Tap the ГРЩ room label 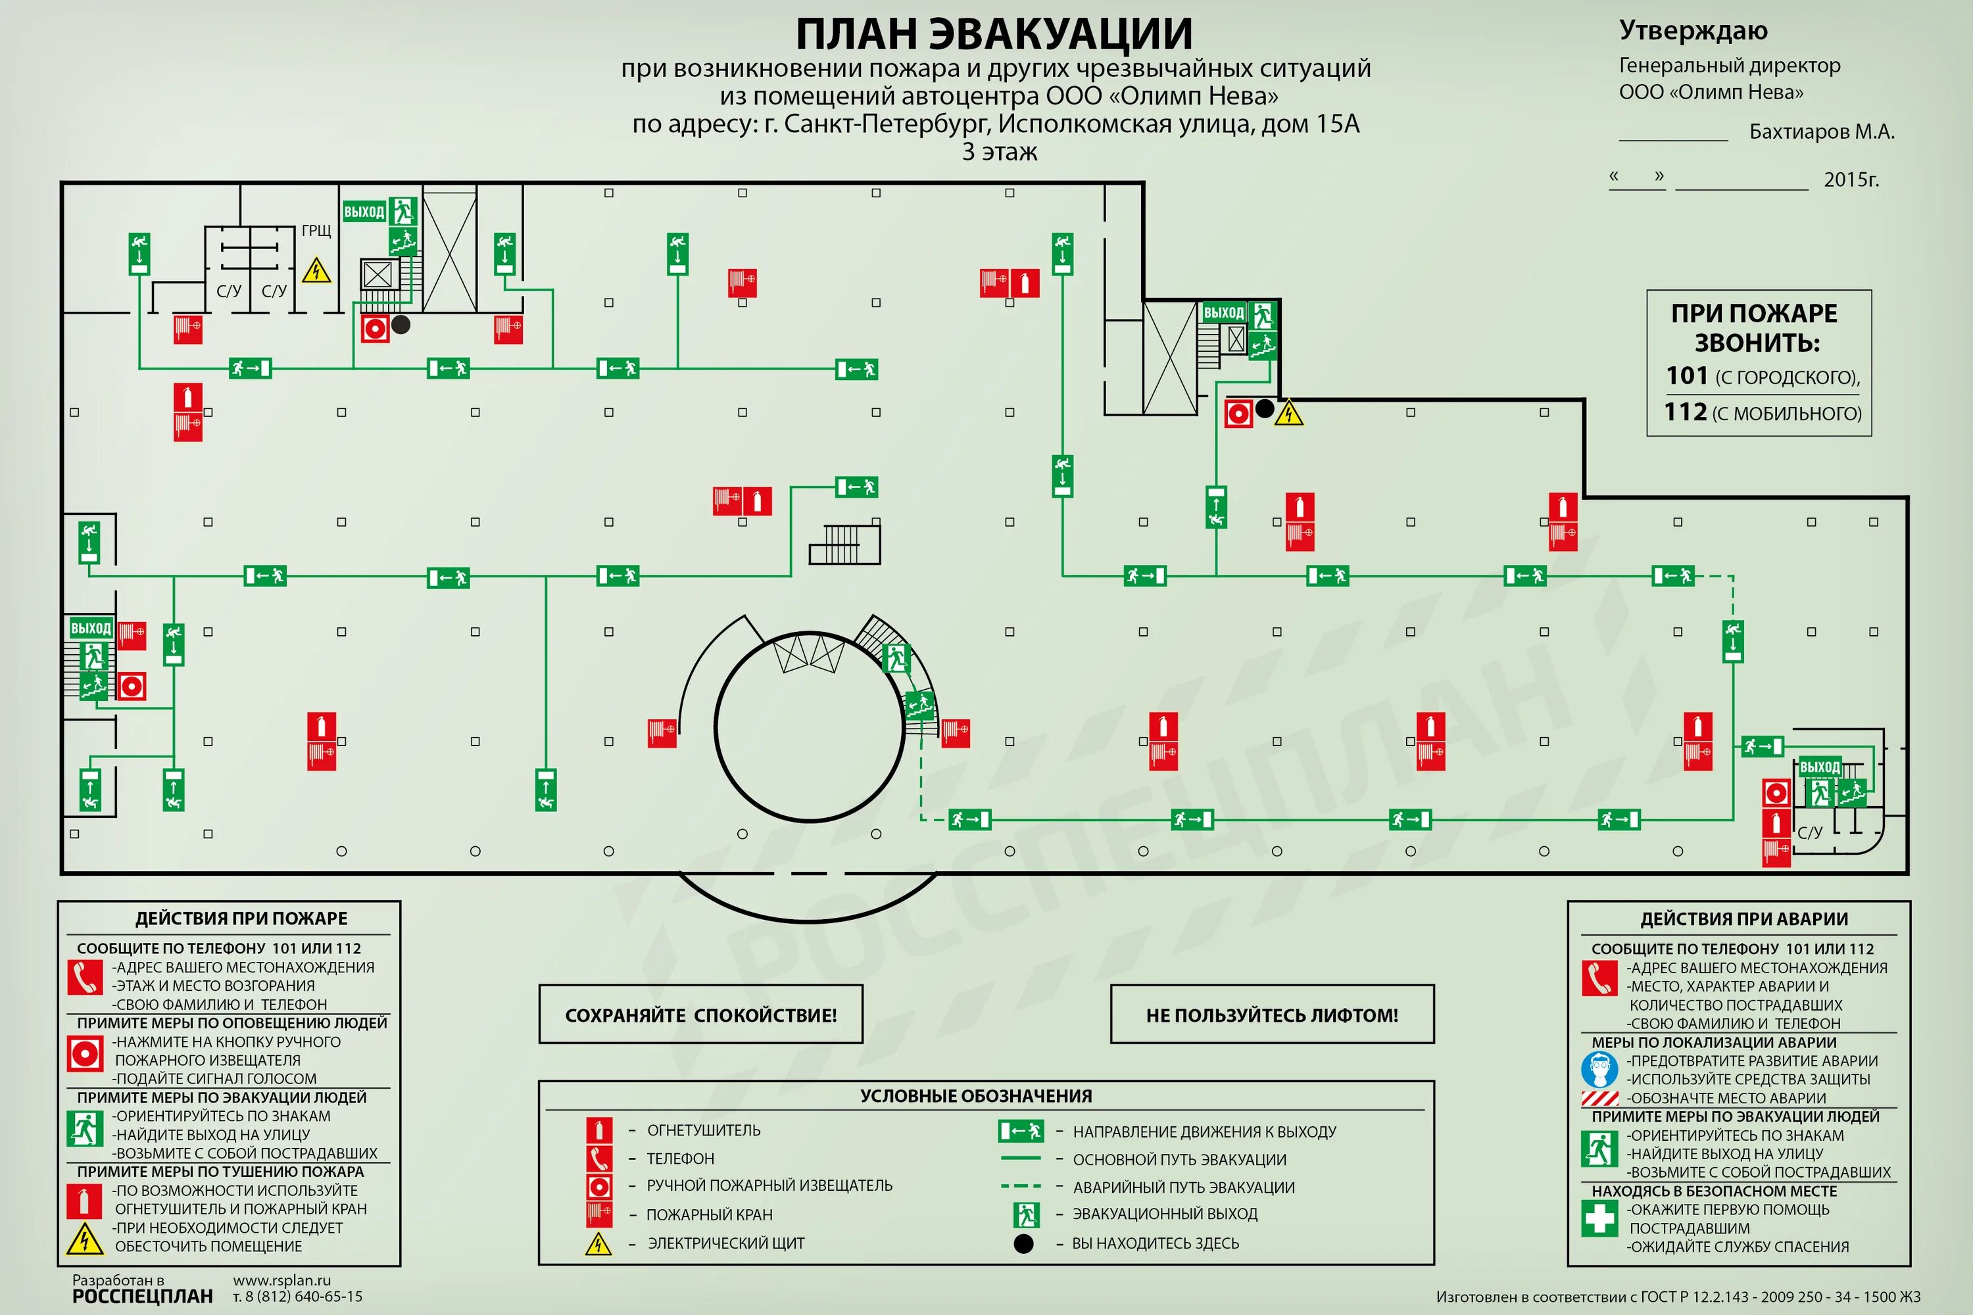pyautogui.click(x=316, y=231)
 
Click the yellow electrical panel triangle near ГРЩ pyautogui.click(x=316, y=271)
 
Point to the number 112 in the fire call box pyautogui.click(x=1685, y=412)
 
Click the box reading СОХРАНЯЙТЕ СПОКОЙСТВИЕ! pyautogui.click(x=700, y=1015)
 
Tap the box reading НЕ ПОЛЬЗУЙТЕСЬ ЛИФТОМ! pyautogui.click(x=1272, y=1015)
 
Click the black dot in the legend pyautogui.click(x=1023, y=1244)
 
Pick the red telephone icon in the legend pyautogui.click(x=599, y=1158)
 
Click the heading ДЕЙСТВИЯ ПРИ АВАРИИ pyautogui.click(x=1744, y=919)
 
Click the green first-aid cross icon pyautogui.click(x=1599, y=1218)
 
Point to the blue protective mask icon pyautogui.click(x=1599, y=1069)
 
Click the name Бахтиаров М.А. pyautogui.click(x=1821, y=131)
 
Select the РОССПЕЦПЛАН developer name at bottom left pyautogui.click(x=143, y=1297)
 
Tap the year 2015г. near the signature pyautogui.click(x=1851, y=179)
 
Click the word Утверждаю pyautogui.click(x=1693, y=30)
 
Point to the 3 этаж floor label pyautogui.click(x=999, y=152)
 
